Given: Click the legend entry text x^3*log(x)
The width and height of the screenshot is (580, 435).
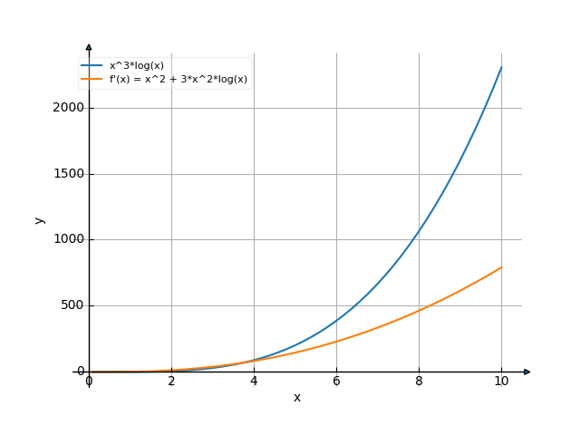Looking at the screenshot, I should click(x=137, y=65).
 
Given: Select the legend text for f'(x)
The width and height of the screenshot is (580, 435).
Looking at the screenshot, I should click(x=179, y=80).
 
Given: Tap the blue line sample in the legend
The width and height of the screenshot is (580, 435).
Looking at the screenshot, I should click(x=92, y=65).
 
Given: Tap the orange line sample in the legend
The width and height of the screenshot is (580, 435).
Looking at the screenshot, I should click(x=92, y=80).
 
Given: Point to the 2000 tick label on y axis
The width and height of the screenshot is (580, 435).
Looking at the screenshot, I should click(x=68, y=108).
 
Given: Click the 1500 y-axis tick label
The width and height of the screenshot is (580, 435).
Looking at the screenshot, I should click(x=68, y=174).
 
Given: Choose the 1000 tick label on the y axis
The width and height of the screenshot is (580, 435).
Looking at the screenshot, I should click(x=68, y=239).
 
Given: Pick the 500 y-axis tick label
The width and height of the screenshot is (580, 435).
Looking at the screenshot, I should click(x=72, y=305).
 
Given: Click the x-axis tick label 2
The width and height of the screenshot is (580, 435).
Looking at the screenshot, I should click(x=171, y=382).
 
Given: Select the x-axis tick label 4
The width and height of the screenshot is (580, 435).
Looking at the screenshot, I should click(x=254, y=382).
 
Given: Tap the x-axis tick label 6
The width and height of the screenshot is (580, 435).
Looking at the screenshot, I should click(x=336, y=382).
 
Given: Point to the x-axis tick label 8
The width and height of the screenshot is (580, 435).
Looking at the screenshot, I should click(x=419, y=382).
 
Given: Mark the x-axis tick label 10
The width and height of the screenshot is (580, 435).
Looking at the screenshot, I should click(x=501, y=382).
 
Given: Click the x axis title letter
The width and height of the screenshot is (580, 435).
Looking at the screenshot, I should click(x=296, y=398).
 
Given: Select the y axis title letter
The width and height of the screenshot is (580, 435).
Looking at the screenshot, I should click(x=39, y=219).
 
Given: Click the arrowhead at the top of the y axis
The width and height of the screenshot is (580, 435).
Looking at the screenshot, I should click(x=89, y=46).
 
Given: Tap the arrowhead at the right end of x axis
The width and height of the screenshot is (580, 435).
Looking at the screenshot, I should click(x=527, y=372).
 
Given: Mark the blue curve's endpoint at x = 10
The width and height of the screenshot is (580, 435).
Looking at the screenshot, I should click(x=501, y=68).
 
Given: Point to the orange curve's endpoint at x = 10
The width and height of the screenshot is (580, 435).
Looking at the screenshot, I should click(x=501, y=267).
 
